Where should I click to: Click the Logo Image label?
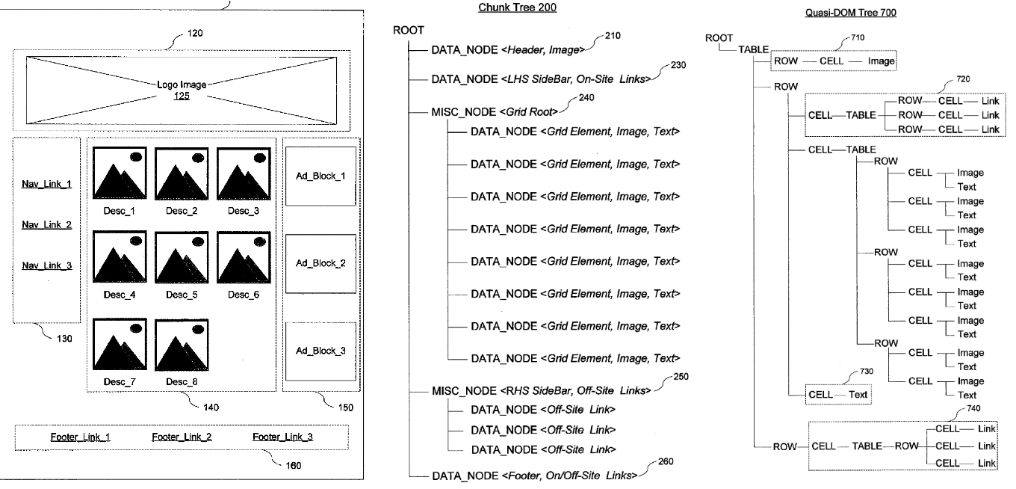click(182, 84)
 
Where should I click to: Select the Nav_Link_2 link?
click(47, 225)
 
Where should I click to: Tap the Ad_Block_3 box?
click(320, 351)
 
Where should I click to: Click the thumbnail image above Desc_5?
click(182, 257)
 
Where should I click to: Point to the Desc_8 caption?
click(182, 382)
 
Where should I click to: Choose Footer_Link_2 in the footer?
click(182, 437)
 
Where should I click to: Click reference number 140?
click(211, 407)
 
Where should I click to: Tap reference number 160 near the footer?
click(294, 465)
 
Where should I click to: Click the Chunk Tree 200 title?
click(517, 7)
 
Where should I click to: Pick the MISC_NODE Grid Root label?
click(495, 111)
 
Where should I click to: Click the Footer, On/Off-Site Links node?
click(535, 476)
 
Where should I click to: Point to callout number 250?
click(681, 376)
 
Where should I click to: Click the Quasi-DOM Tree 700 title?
click(850, 13)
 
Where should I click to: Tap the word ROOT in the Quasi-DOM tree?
click(719, 38)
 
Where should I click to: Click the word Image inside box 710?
click(882, 61)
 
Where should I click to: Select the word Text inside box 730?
click(858, 395)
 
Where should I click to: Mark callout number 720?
click(963, 79)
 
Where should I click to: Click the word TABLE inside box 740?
click(867, 446)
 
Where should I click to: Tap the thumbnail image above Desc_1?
click(120, 173)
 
